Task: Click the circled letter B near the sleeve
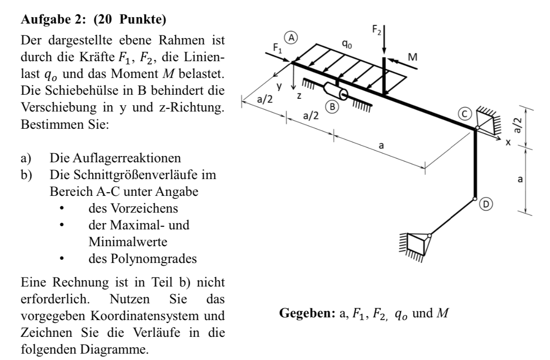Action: tap(333, 107)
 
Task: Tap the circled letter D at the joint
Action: tap(485, 204)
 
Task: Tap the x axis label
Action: tap(508, 141)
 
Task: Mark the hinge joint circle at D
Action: tap(475, 199)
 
